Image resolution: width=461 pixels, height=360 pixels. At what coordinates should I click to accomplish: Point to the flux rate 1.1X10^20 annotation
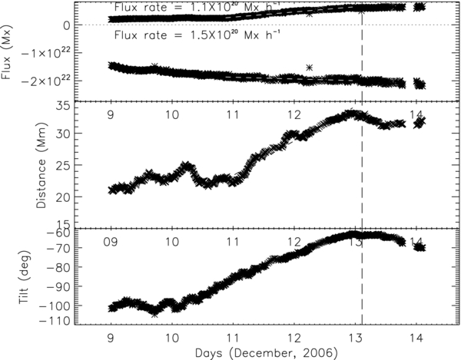(x=191, y=7)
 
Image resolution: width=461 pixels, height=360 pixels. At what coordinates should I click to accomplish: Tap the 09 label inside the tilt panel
(x=111, y=243)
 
